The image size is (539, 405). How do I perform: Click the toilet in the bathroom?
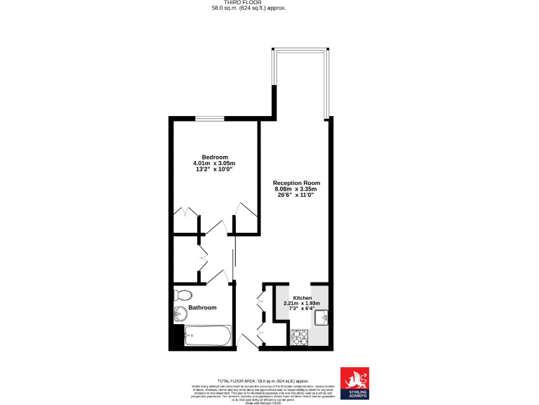pyautogui.click(x=182, y=294)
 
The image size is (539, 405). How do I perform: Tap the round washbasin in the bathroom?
pyautogui.click(x=180, y=314)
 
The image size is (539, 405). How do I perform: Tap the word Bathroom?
pyautogui.click(x=202, y=308)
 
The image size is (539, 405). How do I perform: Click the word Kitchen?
pyautogui.click(x=302, y=298)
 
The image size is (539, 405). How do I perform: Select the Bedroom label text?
pyautogui.click(x=215, y=157)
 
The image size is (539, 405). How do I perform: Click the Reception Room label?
pyautogui.click(x=295, y=183)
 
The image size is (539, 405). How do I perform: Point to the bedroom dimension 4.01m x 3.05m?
pyautogui.click(x=215, y=163)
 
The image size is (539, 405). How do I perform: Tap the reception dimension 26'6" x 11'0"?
pyautogui.click(x=295, y=195)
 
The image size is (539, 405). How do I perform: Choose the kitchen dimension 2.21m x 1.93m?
pyautogui.click(x=302, y=304)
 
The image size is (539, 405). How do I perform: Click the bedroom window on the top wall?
pyautogui.click(x=210, y=118)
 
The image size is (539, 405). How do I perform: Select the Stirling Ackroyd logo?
pyautogui.click(x=354, y=383)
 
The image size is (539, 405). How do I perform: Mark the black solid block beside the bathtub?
pyautogui.click(x=177, y=336)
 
